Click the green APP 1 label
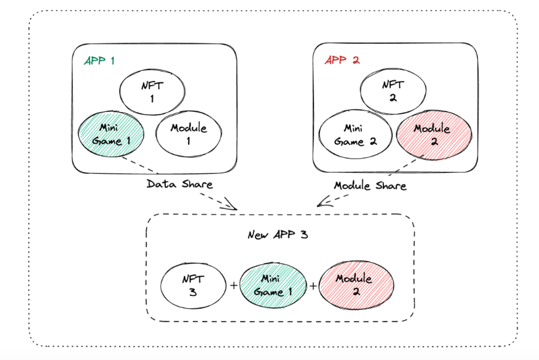(x=99, y=61)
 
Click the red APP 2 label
(x=342, y=60)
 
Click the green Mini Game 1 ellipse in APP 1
(x=111, y=134)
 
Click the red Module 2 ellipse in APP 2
(x=434, y=135)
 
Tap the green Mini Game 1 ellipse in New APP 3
(x=273, y=285)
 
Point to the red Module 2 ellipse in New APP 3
(x=356, y=285)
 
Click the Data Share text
(x=180, y=184)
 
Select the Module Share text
(x=370, y=186)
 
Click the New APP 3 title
(x=278, y=235)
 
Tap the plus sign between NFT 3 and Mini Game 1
(x=234, y=285)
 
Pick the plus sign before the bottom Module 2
(x=313, y=286)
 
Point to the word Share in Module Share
(x=391, y=186)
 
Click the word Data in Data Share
(x=161, y=184)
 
